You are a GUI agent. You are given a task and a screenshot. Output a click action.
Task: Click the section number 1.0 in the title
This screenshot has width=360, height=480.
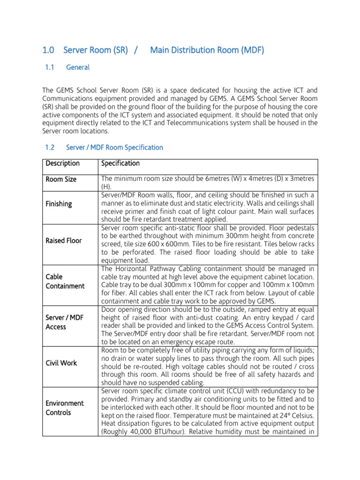click(49, 50)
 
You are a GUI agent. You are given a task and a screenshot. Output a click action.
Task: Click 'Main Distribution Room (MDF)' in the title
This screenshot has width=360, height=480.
click(207, 50)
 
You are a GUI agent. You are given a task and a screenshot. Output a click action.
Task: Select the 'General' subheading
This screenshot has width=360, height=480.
click(78, 67)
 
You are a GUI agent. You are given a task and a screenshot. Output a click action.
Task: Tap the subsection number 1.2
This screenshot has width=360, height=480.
click(50, 147)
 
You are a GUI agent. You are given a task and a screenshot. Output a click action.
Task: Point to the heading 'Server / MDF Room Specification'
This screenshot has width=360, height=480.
click(115, 147)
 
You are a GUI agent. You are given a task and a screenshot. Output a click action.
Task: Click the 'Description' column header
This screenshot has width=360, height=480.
click(62, 164)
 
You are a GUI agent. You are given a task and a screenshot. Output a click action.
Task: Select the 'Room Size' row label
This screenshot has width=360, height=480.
click(61, 180)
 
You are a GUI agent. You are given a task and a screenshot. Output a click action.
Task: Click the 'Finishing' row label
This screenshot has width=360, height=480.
click(59, 204)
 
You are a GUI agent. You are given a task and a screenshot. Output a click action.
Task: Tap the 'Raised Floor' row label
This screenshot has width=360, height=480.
click(64, 240)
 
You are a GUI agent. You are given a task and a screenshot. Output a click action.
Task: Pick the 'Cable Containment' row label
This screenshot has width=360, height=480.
click(65, 281)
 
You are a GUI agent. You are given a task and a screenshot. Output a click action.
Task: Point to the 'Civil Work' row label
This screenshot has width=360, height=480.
click(61, 363)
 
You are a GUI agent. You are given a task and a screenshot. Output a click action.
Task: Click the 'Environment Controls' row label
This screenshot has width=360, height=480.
click(65, 408)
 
